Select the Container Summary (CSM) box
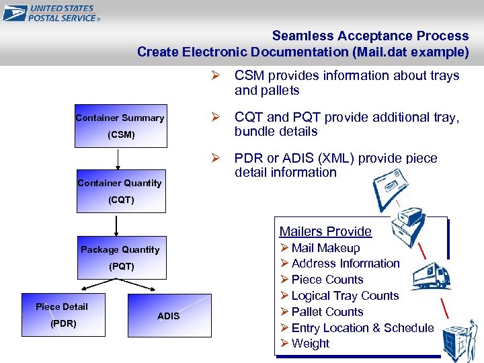(x=120, y=126)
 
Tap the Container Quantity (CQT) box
(x=120, y=191)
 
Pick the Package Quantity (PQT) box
(x=120, y=257)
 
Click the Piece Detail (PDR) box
(x=62, y=315)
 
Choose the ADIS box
(x=168, y=315)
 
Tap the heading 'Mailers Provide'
(x=325, y=231)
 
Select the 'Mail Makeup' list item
(x=325, y=248)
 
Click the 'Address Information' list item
(x=345, y=264)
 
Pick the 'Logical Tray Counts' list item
(x=345, y=296)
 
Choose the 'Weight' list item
(x=310, y=344)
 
